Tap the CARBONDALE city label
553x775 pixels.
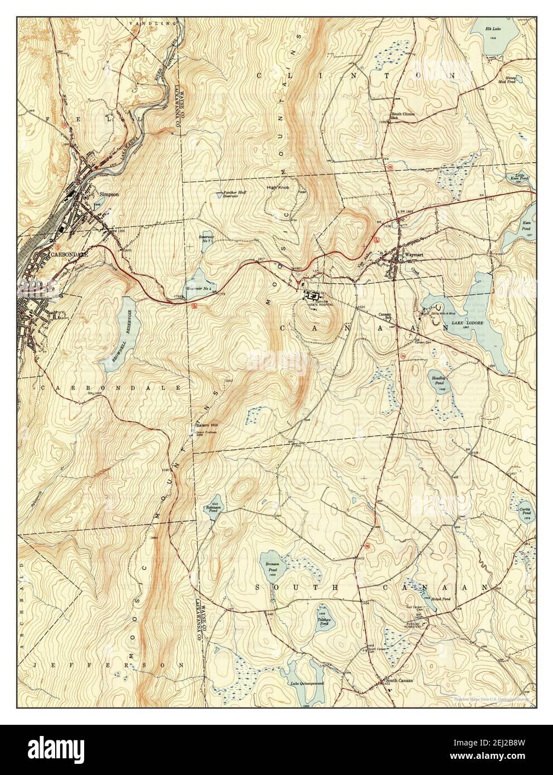click(x=66, y=254)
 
